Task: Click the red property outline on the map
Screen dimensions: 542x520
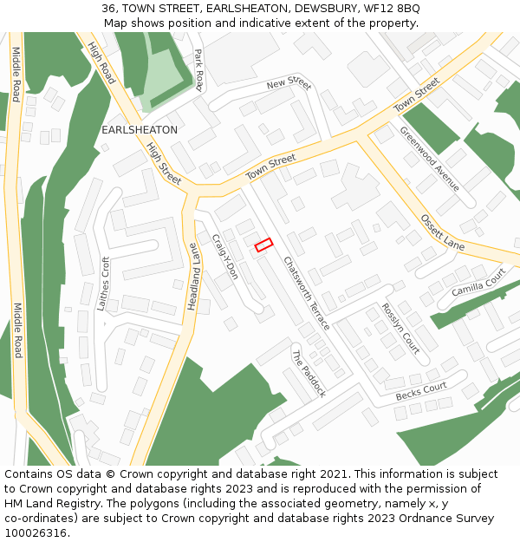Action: coord(263,245)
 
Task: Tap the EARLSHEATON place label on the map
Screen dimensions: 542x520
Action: coord(140,129)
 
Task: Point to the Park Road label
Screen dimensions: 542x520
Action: coord(198,69)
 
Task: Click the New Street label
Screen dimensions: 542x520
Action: coord(289,84)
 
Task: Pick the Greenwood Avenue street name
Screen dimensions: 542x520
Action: coord(429,159)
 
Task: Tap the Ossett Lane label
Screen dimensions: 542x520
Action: coord(443,232)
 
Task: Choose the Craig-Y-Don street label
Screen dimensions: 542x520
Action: coord(225,257)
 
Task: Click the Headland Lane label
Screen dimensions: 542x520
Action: coord(193,277)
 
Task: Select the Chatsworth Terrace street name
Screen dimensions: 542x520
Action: coord(307,292)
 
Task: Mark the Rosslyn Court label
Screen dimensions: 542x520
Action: coord(400,328)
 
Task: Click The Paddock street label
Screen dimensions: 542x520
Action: coord(309,373)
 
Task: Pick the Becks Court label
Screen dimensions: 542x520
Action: coord(421,392)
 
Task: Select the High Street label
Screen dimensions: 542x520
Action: coord(164,164)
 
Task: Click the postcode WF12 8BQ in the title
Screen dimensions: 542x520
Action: coord(392,8)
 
